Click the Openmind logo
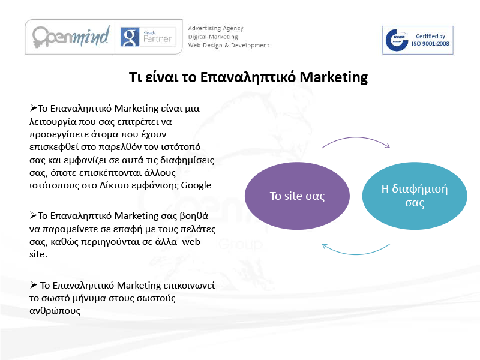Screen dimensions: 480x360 (x=71, y=37)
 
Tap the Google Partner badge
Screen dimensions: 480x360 (x=148, y=37)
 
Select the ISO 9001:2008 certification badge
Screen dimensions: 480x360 (x=418, y=40)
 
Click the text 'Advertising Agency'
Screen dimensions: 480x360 (x=215, y=28)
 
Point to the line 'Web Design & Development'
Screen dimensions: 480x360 (x=229, y=46)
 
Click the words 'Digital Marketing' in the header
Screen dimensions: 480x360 (x=213, y=37)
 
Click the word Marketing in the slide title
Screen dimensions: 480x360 (x=334, y=77)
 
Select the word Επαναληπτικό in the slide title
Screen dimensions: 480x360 (x=248, y=77)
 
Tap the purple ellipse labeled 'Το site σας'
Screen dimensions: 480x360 (x=297, y=196)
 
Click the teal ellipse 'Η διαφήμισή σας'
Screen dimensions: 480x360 (x=415, y=196)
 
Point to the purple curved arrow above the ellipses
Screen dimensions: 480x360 (x=356, y=137)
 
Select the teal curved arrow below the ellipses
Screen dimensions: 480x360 (x=356, y=254)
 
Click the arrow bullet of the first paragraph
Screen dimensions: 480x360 (x=34, y=108)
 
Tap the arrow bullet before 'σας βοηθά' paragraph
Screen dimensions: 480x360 (x=34, y=215)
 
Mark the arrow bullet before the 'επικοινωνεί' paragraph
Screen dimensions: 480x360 (x=34, y=284)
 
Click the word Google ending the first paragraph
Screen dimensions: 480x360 (x=196, y=185)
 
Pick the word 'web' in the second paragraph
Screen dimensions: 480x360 (x=191, y=242)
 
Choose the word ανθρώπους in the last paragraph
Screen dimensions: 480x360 (x=55, y=311)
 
